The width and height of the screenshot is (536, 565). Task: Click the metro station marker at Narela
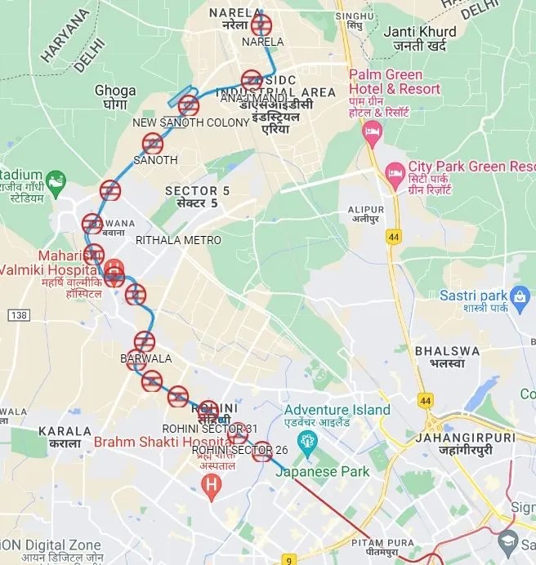261,24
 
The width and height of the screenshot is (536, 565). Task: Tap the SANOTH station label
155,160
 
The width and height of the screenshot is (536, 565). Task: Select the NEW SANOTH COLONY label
190,122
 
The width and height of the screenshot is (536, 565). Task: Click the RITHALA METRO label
178,240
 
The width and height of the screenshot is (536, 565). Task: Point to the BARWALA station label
145,358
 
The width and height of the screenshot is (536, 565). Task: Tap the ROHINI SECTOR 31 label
209,428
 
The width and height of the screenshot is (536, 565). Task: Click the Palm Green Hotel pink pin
373,132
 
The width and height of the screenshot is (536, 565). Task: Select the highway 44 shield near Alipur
395,237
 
